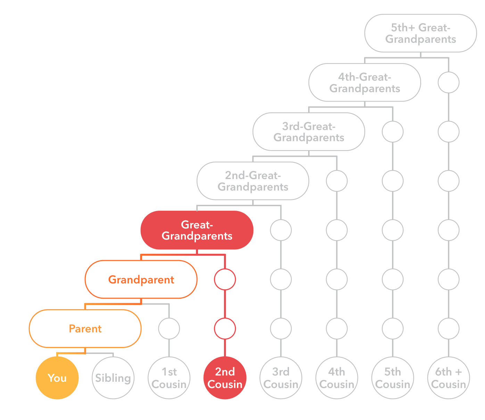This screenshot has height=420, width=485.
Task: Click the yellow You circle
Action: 57,378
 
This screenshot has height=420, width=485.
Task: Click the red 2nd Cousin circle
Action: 225,378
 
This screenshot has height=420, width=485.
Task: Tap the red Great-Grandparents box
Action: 197,230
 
